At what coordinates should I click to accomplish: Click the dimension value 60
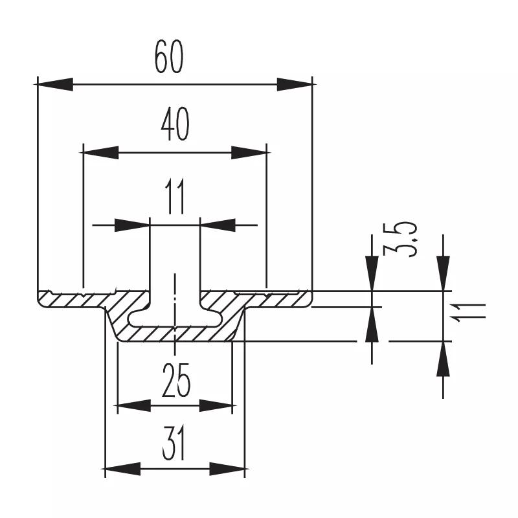pos(170,57)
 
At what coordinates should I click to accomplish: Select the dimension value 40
pos(175,125)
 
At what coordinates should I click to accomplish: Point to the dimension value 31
pos(175,445)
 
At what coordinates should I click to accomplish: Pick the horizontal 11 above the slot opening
pos(175,197)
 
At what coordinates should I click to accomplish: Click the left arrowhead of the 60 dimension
pos(54,84)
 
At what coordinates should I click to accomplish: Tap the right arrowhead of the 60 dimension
pos(295,84)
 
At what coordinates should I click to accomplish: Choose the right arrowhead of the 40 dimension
pos(250,153)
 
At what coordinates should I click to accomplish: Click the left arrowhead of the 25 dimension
pos(133,406)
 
